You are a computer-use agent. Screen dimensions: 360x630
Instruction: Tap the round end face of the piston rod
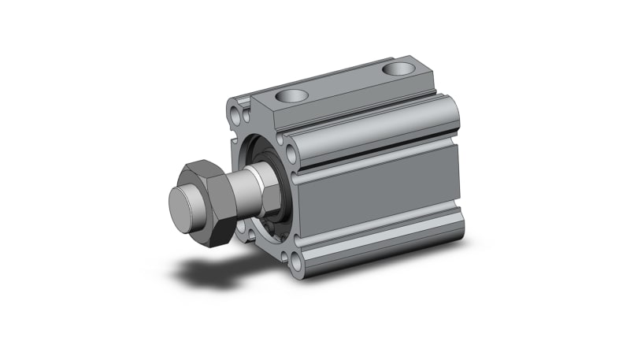[182, 209]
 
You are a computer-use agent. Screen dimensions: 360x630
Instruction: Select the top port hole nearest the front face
[292, 98]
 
